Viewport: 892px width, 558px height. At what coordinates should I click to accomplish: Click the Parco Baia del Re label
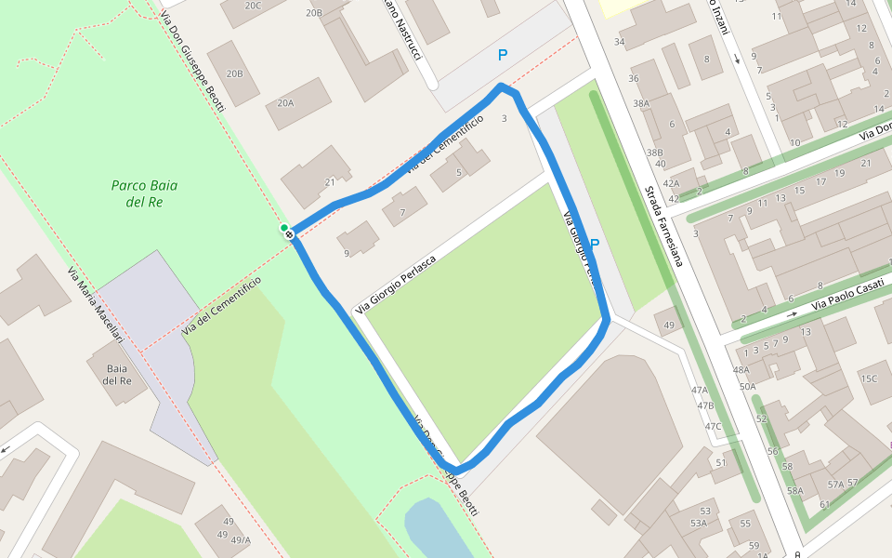[144, 193]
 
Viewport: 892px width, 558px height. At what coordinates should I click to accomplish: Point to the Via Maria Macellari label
[95, 306]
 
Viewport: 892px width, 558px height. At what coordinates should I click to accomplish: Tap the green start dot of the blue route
[284, 228]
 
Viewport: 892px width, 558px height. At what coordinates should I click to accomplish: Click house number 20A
[285, 103]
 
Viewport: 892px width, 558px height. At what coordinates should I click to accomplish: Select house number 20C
[253, 5]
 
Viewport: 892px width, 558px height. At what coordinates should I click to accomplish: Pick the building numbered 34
[619, 42]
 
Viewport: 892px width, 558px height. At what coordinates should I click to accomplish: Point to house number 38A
[641, 103]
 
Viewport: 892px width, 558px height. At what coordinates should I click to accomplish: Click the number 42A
[671, 183]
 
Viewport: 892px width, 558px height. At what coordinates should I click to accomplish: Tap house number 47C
[713, 427]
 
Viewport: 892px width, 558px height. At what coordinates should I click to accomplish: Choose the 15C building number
[869, 379]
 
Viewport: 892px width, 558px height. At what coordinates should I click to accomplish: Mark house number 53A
[698, 524]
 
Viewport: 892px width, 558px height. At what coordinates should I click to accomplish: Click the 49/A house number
[241, 540]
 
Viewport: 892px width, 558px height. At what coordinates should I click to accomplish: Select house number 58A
[794, 491]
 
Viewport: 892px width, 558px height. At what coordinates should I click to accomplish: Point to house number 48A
[741, 369]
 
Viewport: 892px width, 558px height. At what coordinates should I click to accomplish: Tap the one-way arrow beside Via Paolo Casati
[792, 313]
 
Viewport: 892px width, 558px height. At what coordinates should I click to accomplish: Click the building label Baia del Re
[117, 375]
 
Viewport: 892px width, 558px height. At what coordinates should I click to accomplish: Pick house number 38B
[655, 153]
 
